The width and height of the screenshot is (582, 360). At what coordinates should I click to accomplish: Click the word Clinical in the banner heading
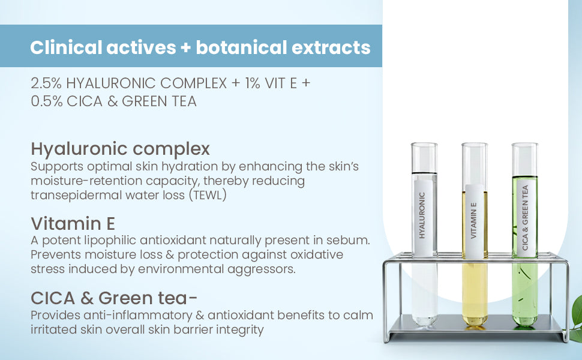(65, 47)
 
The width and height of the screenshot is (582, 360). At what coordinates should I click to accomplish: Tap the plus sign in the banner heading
(186, 48)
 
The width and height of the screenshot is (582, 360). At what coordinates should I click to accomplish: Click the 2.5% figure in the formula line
(46, 83)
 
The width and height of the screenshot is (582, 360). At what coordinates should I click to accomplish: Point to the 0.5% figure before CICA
(47, 101)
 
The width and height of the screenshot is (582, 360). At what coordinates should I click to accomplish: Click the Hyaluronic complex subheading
(120, 149)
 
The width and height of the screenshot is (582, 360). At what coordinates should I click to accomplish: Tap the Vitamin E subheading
(73, 223)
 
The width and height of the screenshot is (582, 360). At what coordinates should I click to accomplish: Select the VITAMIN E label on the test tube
(473, 220)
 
